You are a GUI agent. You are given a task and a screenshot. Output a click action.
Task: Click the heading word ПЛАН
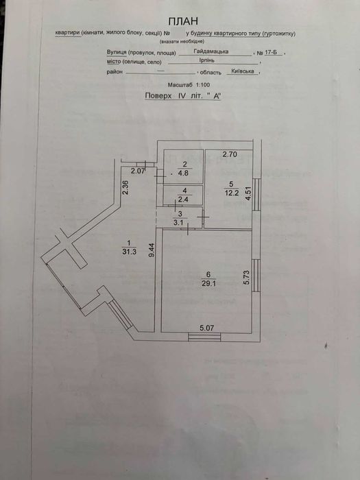(x=183, y=21)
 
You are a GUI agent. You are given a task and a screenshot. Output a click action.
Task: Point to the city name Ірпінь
(x=208, y=60)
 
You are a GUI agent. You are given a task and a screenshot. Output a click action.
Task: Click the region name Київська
(x=243, y=71)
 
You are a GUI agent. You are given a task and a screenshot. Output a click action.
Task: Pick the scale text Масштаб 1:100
(x=189, y=85)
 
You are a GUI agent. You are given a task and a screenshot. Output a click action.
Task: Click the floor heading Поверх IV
(x=163, y=95)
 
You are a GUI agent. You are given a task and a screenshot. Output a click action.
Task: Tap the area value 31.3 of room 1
(x=129, y=252)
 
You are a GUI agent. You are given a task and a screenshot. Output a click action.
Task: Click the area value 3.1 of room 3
(x=178, y=223)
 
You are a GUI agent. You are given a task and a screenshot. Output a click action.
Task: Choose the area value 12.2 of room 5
(x=231, y=193)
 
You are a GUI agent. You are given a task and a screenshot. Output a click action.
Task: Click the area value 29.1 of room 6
(x=209, y=283)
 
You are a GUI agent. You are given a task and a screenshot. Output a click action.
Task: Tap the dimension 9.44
(x=151, y=250)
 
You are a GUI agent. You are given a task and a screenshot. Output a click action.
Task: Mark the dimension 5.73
(x=247, y=278)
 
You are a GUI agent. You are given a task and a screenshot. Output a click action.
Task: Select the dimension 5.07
(x=206, y=328)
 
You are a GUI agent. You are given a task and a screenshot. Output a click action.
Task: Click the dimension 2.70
(x=230, y=154)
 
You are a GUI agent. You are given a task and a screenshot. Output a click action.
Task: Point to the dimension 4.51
(x=249, y=193)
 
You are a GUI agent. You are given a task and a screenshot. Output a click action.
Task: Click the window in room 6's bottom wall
(x=204, y=337)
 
